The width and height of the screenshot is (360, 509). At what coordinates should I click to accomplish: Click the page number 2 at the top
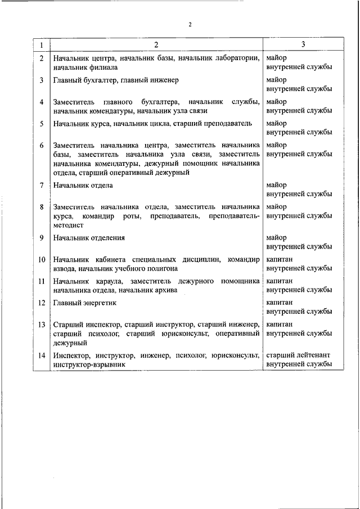click(191, 25)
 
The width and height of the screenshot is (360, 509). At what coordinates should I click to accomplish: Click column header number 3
click(303, 44)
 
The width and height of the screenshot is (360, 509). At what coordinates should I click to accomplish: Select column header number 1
click(42, 44)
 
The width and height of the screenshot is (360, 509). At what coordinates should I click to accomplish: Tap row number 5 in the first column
click(42, 123)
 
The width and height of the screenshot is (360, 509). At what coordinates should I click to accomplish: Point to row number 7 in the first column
click(42, 185)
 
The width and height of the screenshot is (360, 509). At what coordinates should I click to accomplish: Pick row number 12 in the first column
click(42, 303)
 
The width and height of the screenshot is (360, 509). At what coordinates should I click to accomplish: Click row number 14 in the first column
click(42, 355)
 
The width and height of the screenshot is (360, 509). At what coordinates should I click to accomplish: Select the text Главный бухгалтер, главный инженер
click(116, 80)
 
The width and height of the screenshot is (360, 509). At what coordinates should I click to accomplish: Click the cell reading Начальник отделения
click(89, 238)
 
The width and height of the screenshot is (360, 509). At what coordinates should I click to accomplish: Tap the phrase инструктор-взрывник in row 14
click(89, 364)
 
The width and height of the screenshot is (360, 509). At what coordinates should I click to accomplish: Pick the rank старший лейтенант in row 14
click(298, 355)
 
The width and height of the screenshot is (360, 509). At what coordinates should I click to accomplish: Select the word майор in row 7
click(276, 185)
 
